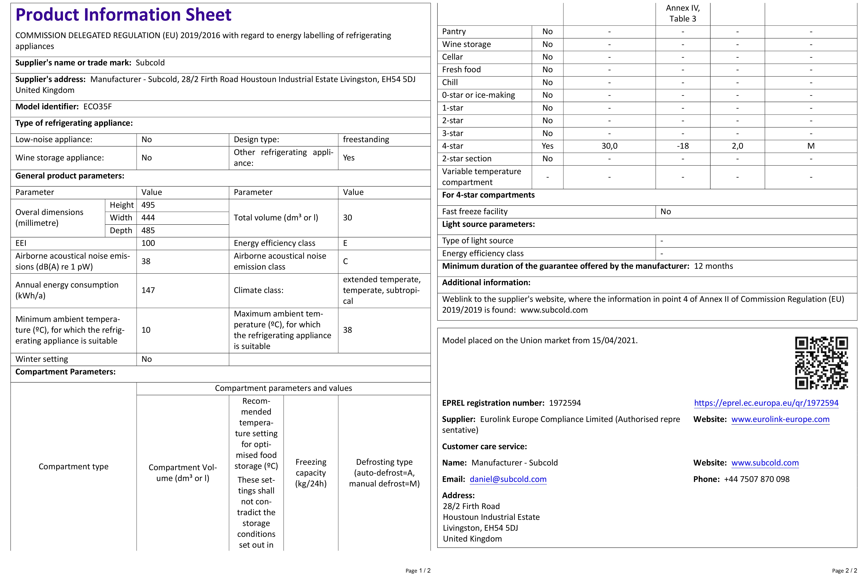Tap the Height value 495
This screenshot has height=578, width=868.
point(148,205)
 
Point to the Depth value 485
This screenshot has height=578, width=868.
point(148,230)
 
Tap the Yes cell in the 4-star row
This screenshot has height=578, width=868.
point(547,146)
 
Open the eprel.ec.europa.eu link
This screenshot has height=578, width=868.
point(766,403)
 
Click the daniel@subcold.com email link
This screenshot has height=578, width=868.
point(508,479)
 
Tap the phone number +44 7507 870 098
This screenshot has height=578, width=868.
point(757,479)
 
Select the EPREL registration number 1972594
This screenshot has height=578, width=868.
point(565,403)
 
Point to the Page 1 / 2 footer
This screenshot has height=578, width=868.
point(418,571)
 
